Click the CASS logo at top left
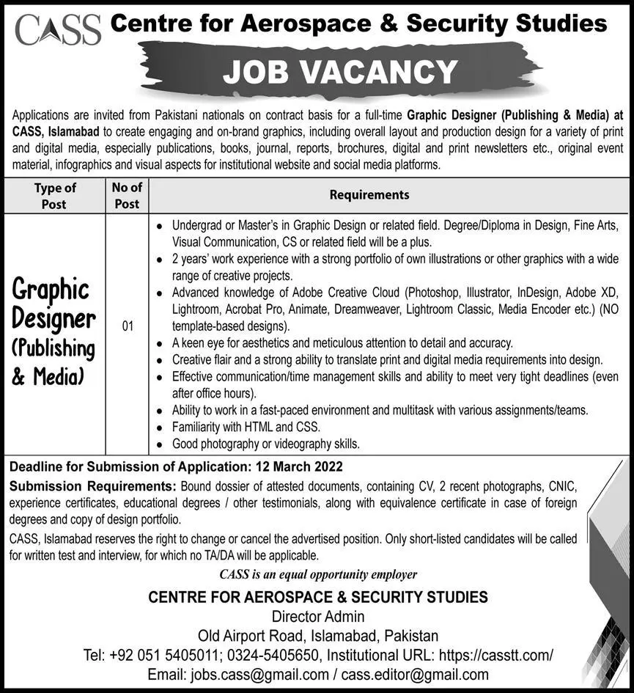click(57, 29)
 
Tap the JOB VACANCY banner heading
click(340, 72)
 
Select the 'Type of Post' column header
click(54, 196)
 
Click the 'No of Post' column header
click(127, 196)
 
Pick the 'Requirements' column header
click(369, 195)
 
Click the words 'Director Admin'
click(317, 617)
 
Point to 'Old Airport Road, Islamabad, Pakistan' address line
click(317, 636)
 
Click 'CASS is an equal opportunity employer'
click(318, 574)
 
